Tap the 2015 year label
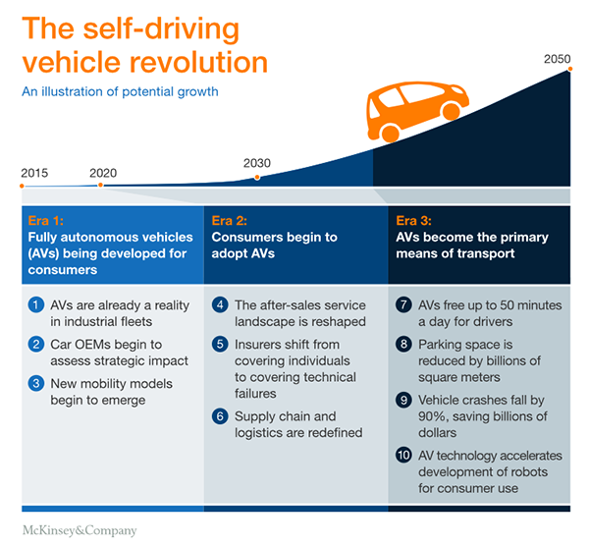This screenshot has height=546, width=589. click(x=34, y=173)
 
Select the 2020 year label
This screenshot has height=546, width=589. click(x=103, y=173)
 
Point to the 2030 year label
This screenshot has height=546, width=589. click(x=256, y=163)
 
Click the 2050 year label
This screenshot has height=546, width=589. click(x=558, y=59)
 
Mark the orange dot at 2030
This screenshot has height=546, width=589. click(x=257, y=178)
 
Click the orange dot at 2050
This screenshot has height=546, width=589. click(x=568, y=71)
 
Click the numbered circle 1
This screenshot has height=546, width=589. click(x=34, y=305)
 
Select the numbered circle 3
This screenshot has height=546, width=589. click(x=34, y=381)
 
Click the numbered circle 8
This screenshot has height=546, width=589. click(x=402, y=345)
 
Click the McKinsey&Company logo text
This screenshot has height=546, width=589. click(x=80, y=530)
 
